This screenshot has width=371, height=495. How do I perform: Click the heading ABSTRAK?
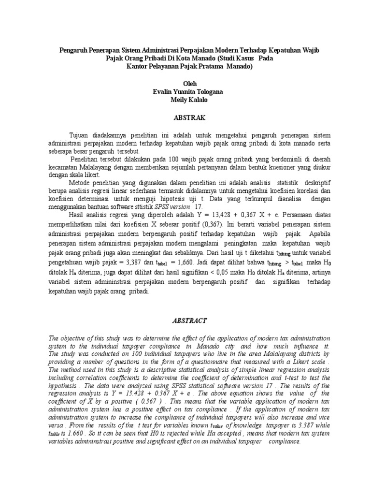point(185,118)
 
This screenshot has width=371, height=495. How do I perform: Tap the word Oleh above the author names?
point(185,84)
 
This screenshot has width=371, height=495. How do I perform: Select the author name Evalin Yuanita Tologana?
point(185,91)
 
